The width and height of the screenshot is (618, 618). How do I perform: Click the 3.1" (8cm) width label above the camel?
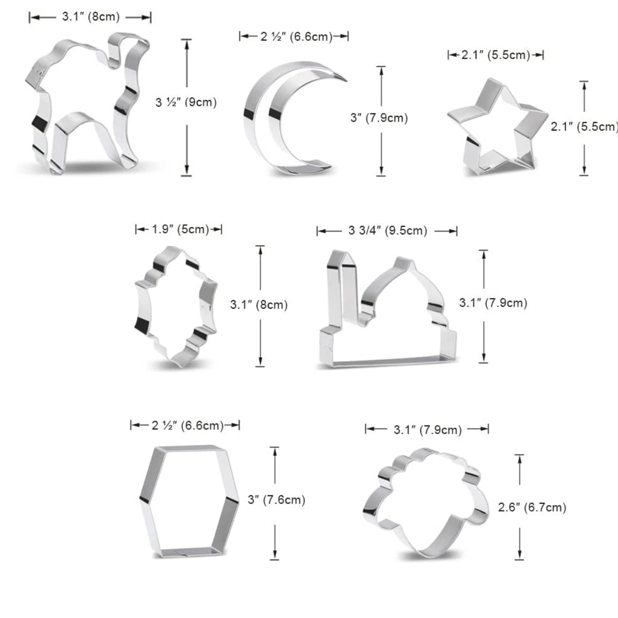click(x=91, y=17)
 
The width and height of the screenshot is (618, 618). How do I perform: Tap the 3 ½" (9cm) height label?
click(x=186, y=103)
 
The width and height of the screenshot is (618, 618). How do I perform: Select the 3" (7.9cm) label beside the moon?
click(x=379, y=118)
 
